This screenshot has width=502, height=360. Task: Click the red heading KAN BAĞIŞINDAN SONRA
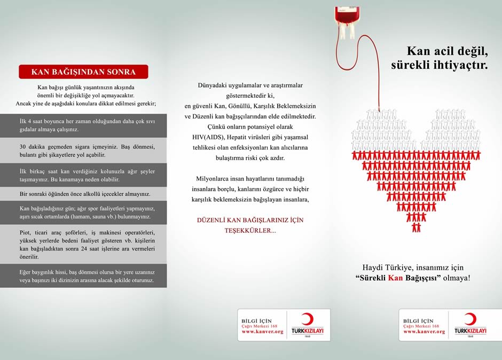tap(83, 72)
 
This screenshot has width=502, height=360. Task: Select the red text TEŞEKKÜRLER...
tap(250, 231)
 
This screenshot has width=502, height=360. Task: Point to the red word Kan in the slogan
tap(395, 278)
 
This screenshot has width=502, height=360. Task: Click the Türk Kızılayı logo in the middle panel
tap(307, 325)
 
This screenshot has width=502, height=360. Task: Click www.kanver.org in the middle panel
tap(262, 332)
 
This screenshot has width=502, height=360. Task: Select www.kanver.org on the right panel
tap(423, 332)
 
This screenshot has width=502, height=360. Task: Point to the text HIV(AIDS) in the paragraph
tap(210, 136)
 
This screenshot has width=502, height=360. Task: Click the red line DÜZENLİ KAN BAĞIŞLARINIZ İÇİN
tap(250, 220)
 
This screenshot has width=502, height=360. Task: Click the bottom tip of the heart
tap(416, 229)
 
